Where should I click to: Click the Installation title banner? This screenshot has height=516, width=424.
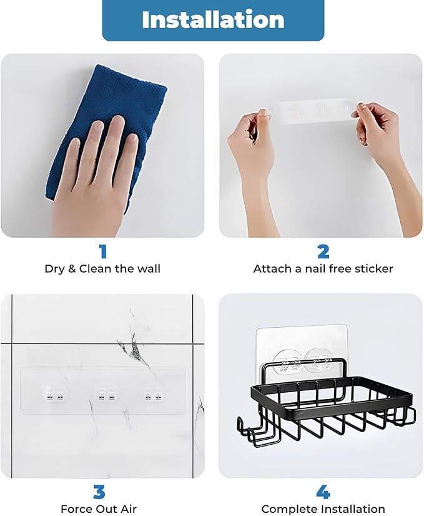click(x=213, y=20)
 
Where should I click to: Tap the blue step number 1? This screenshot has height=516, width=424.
click(x=102, y=251)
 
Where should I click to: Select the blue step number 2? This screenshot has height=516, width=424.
click(x=323, y=251)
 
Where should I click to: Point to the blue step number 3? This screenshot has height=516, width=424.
click(x=99, y=491)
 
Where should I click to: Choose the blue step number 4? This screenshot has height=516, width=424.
click(x=323, y=491)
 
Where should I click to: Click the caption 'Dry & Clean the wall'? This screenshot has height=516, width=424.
click(x=102, y=269)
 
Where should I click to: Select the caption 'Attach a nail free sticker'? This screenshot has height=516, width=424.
click(x=323, y=269)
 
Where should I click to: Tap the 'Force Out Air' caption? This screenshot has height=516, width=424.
click(x=99, y=508)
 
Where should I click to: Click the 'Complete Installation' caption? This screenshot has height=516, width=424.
click(x=323, y=508)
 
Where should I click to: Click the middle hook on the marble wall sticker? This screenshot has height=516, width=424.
click(x=104, y=393)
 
